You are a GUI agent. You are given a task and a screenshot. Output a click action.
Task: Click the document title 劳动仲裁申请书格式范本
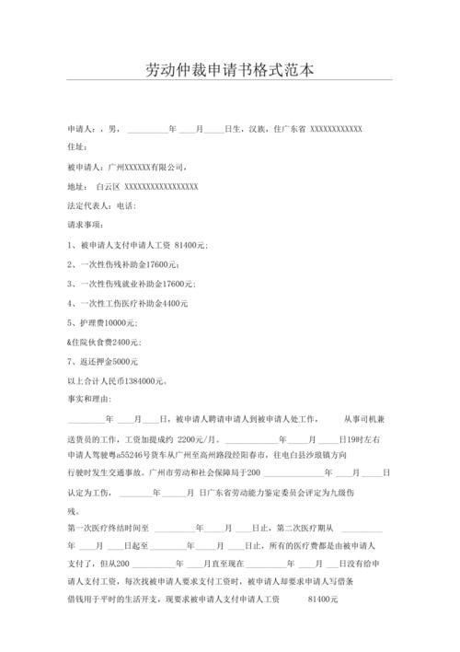(x=230, y=70)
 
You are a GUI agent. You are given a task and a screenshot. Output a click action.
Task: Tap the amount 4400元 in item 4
(x=173, y=303)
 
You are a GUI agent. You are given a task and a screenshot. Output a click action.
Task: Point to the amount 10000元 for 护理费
(x=119, y=322)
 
